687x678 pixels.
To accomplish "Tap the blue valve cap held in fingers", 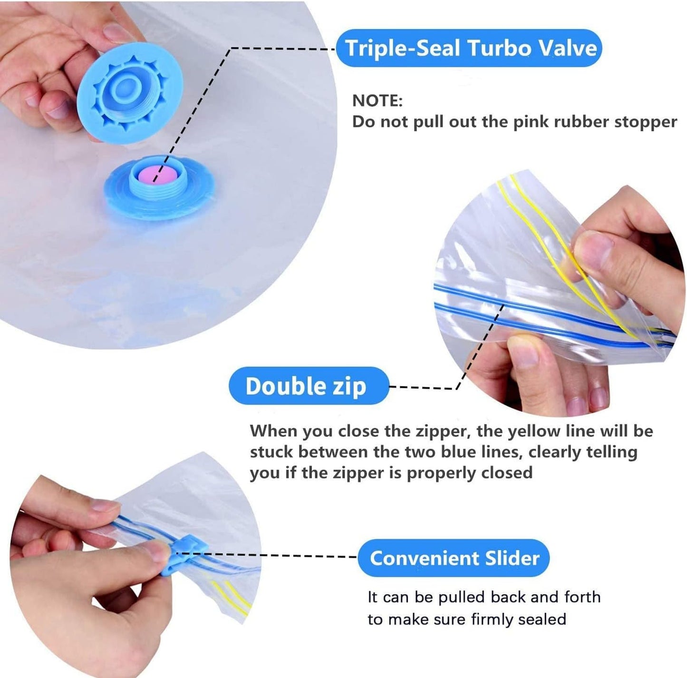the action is click(130, 93).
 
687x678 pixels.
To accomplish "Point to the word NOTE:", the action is click(377, 101).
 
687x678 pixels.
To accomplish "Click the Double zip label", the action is click(309, 386).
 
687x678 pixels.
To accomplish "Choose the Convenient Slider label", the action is click(454, 559).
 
